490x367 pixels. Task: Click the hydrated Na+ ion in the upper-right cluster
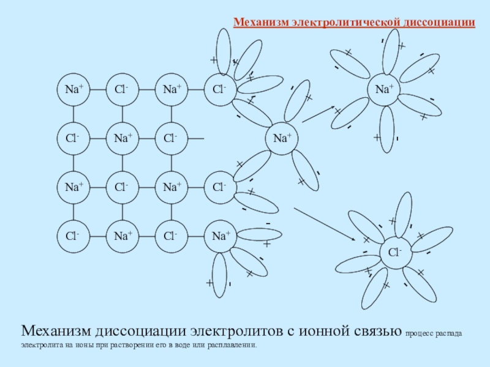pyautogui.click(x=384, y=89)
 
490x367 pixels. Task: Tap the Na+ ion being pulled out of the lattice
pyautogui.click(x=281, y=138)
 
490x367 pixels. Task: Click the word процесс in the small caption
pyautogui.click(x=421, y=334)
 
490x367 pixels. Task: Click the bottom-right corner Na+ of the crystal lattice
pyautogui.click(x=221, y=236)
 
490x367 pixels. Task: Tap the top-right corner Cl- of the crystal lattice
pyautogui.click(x=221, y=89)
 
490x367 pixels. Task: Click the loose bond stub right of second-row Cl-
pyautogui.click(x=196, y=138)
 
